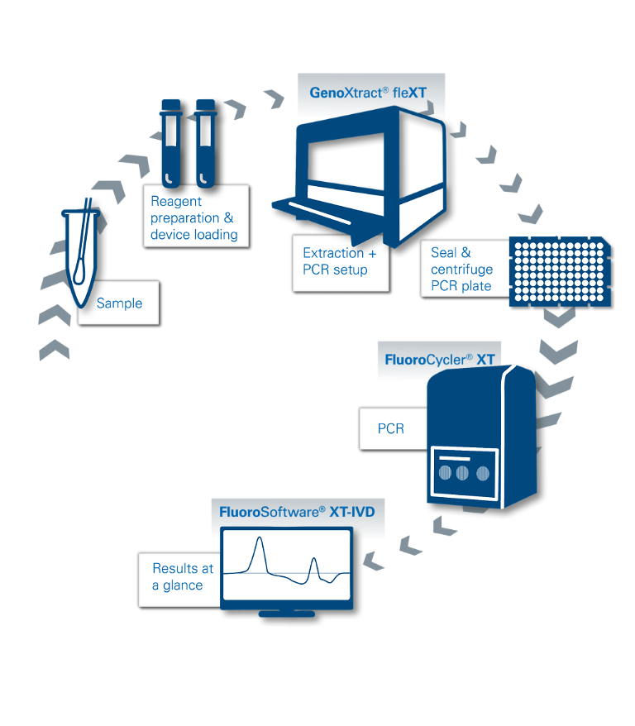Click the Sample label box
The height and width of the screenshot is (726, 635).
click(x=118, y=303)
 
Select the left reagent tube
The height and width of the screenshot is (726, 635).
click(x=171, y=143)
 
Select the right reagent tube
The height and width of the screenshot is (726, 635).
click(x=205, y=143)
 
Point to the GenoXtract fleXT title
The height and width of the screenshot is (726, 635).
click(x=368, y=93)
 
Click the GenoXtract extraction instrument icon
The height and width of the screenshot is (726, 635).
click(x=360, y=176)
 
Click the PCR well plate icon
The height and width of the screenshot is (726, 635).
click(x=560, y=271)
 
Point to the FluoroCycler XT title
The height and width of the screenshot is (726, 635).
click(x=440, y=360)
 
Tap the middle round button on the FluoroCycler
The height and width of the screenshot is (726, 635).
click(x=462, y=473)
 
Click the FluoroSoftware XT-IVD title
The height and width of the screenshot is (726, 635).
click(x=297, y=512)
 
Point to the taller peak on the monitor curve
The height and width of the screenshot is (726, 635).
click(x=260, y=538)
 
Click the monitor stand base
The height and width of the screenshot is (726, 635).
click(x=286, y=614)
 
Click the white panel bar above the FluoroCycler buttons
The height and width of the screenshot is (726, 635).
click(x=455, y=459)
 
